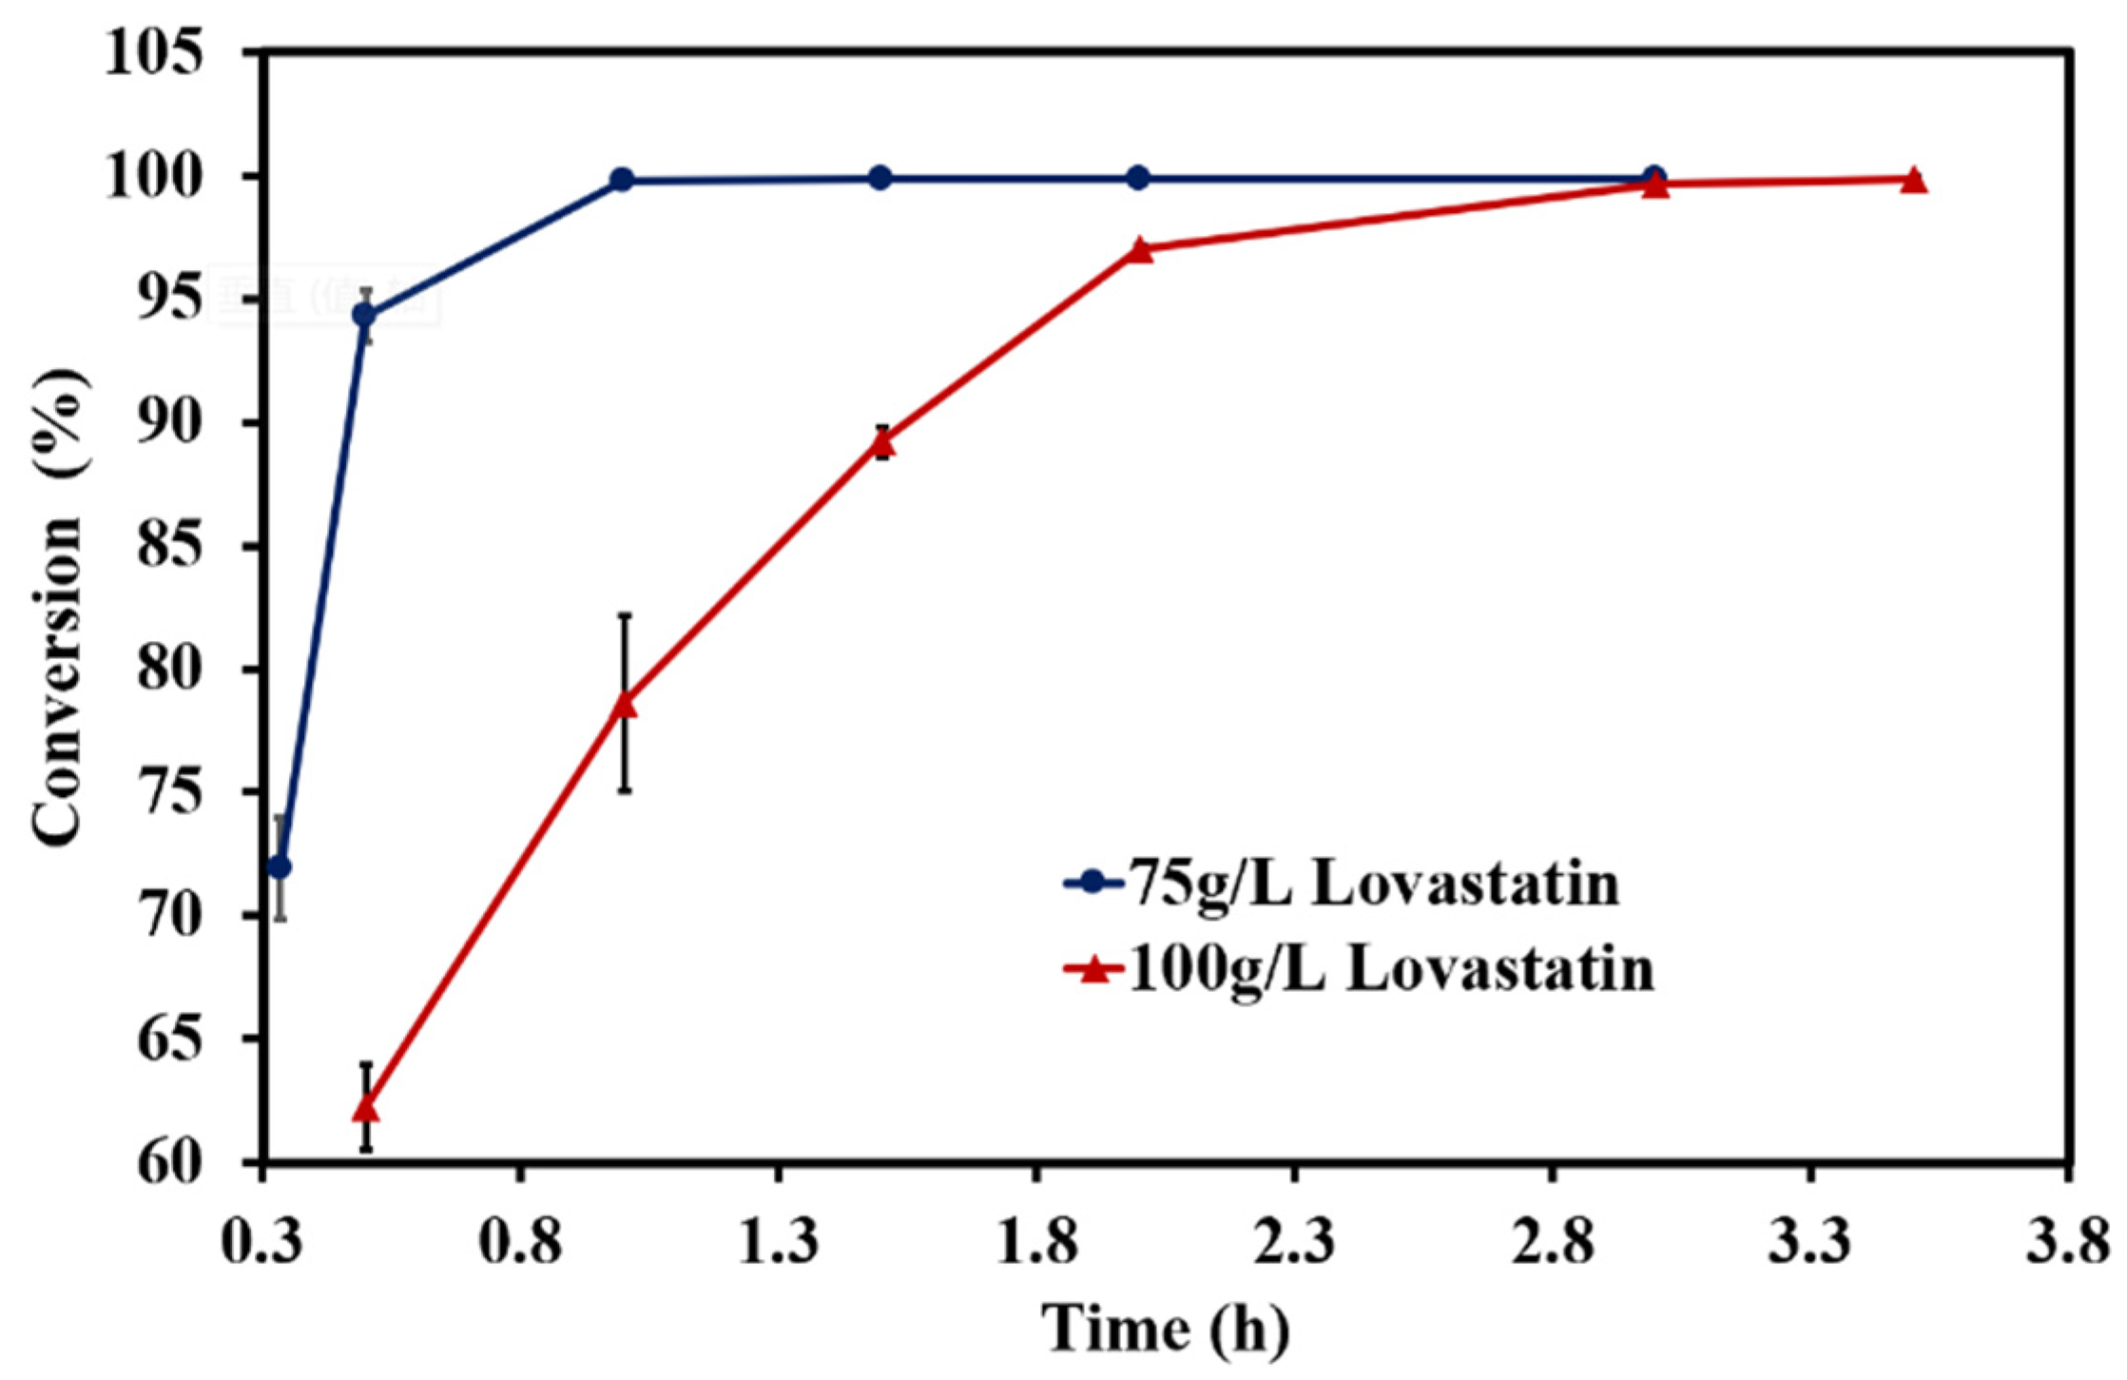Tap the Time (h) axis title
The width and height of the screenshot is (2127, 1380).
(x=1166, y=1328)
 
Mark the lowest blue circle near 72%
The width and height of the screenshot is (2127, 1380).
(x=280, y=867)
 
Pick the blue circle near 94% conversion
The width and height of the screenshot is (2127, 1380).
(x=364, y=315)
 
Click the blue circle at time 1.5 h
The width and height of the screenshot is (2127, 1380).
(x=880, y=178)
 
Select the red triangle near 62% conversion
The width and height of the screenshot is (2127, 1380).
(x=366, y=1109)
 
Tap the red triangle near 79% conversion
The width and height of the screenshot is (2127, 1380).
(x=624, y=705)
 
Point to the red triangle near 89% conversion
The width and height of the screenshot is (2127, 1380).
(x=882, y=441)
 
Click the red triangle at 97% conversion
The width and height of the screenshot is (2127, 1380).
(x=1140, y=250)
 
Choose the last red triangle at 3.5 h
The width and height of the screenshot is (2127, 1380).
(x=1913, y=181)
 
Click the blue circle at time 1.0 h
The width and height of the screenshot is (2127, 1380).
(x=622, y=179)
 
